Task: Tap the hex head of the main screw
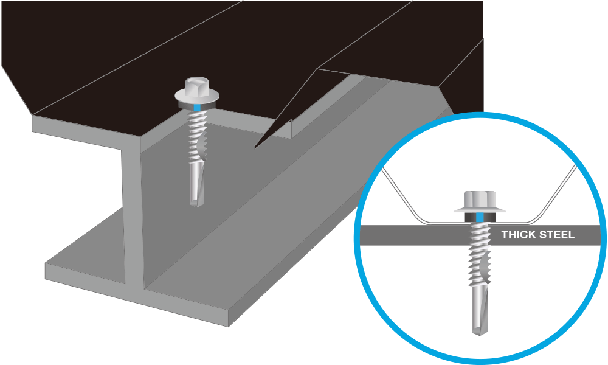coord(195,85)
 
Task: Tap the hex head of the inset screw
coord(480,199)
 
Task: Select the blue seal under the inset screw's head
coord(480,217)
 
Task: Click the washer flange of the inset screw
coord(480,210)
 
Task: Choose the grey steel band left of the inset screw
coord(413,235)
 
